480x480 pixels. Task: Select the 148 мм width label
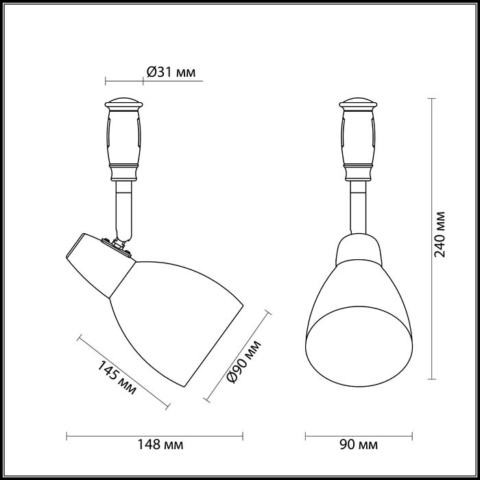click(160, 446)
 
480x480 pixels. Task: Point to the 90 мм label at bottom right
click(359, 446)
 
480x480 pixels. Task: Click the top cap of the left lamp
click(123, 104)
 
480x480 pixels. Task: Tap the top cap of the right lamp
click(358, 104)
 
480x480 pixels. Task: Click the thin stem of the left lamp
click(123, 206)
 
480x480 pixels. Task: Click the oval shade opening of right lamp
click(358, 350)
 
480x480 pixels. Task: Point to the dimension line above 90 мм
click(358, 434)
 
